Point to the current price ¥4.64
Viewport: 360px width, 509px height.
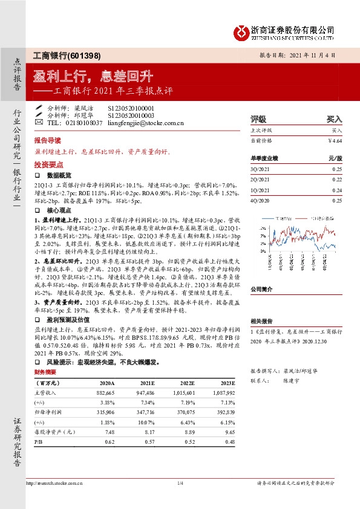[x=335, y=140]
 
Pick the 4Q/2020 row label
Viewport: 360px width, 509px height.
[x=259, y=200]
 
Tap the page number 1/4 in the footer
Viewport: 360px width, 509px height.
[x=180, y=483]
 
